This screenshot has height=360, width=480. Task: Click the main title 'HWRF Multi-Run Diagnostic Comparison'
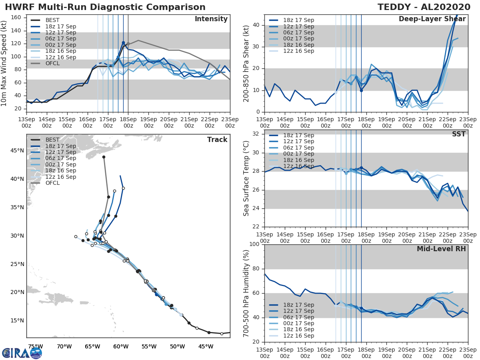105,7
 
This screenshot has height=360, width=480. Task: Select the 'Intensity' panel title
211,19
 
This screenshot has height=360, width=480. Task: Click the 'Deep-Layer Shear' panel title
432,19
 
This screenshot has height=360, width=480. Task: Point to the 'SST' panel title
458,134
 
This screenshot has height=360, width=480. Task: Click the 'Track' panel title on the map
217,140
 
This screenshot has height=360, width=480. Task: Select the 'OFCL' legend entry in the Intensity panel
53,63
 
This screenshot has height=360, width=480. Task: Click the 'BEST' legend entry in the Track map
53,140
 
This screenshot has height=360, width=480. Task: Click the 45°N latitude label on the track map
16,150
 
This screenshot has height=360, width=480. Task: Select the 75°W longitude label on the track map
35,346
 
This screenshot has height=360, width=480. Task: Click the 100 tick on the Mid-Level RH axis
255,244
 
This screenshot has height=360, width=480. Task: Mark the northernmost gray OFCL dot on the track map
104,157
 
